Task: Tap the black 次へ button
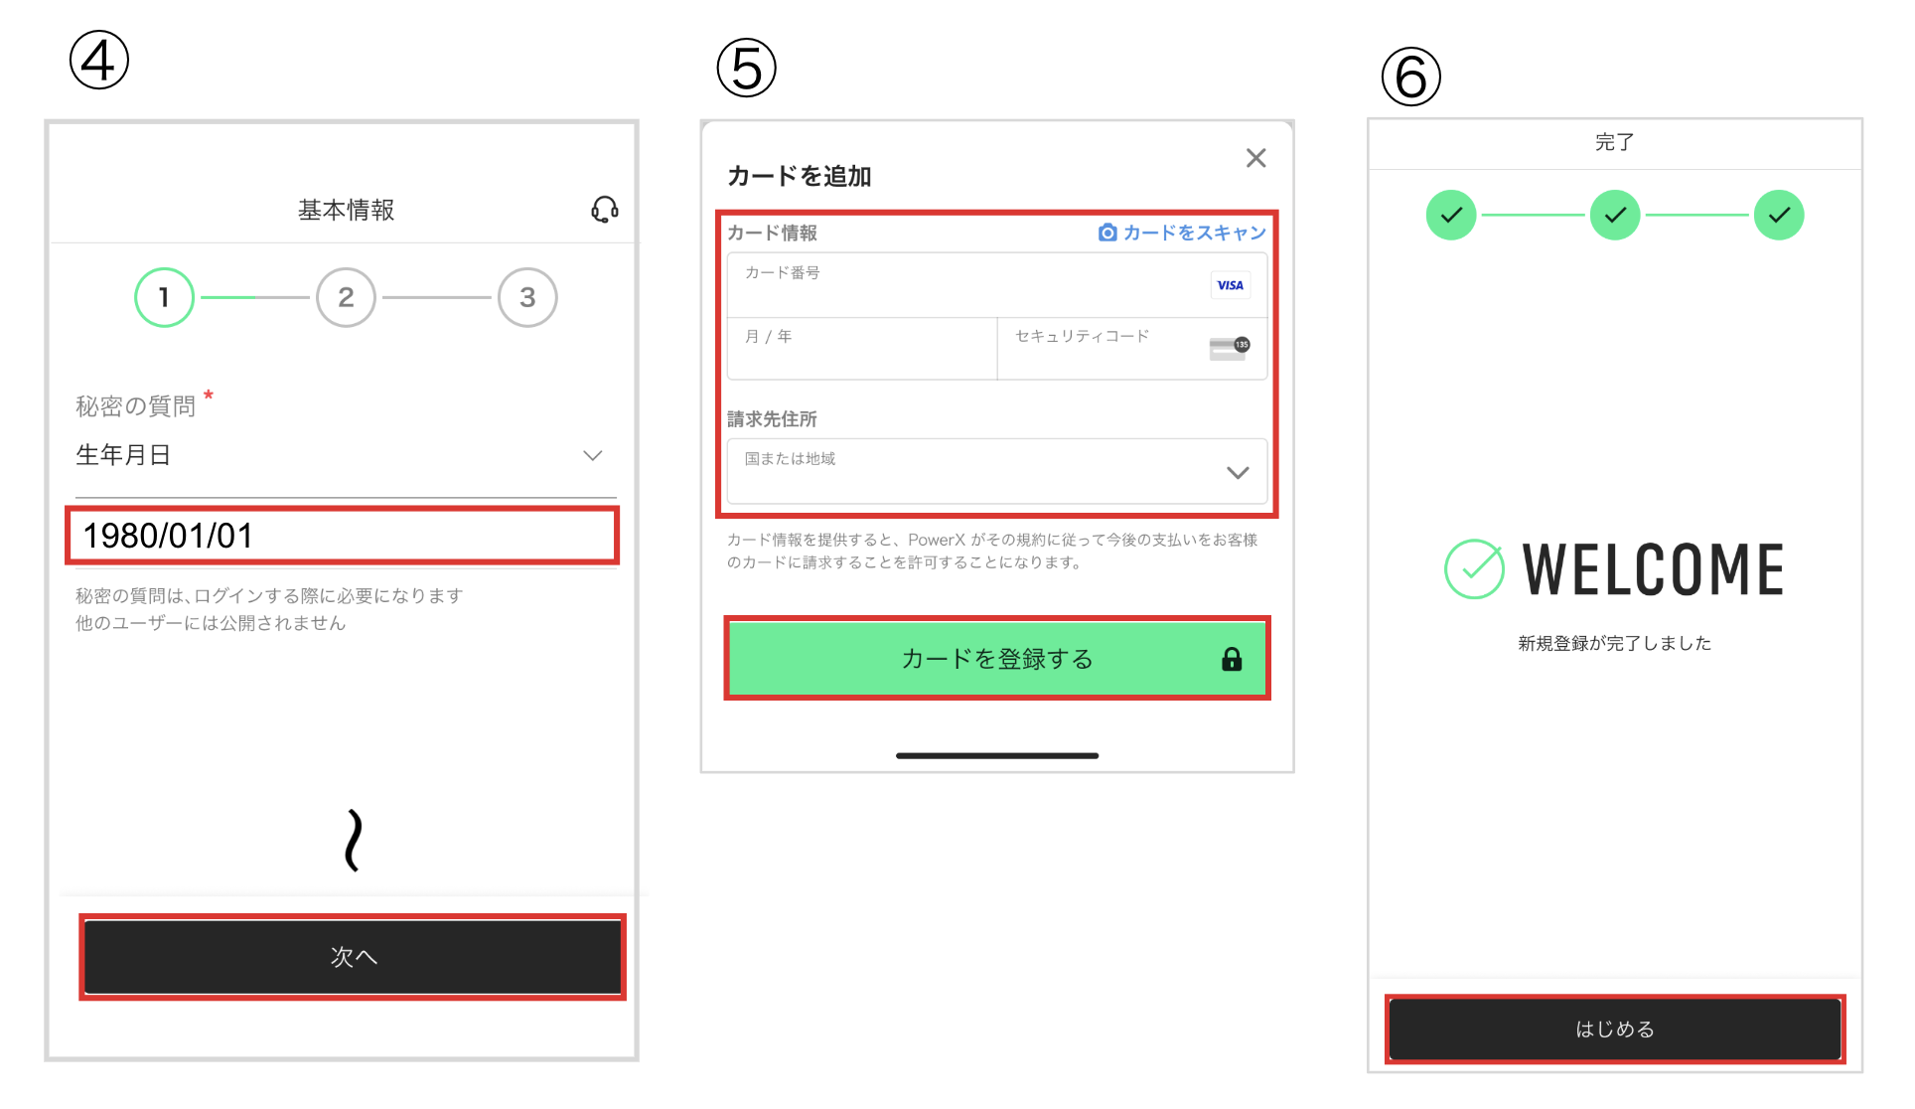[353, 956]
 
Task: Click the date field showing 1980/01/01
[343, 536]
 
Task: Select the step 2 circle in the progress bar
[346, 297]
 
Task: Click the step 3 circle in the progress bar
[527, 297]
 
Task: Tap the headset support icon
[605, 210]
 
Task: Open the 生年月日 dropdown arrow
[593, 455]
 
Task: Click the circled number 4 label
[99, 61]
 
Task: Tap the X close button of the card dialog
[1255, 158]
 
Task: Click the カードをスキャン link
[1182, 233]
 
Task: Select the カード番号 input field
[963, 285]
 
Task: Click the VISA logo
[1230, 285]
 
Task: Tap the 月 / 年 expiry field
[861, 349]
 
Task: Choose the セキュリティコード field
[1103, 349]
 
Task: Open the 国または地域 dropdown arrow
[1238, 472]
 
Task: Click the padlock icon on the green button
[1232, 659]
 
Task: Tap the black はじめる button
[1614, 1030]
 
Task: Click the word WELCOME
[1654, 569]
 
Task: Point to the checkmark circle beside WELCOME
[1474, 568]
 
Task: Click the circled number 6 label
[1410, 77]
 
